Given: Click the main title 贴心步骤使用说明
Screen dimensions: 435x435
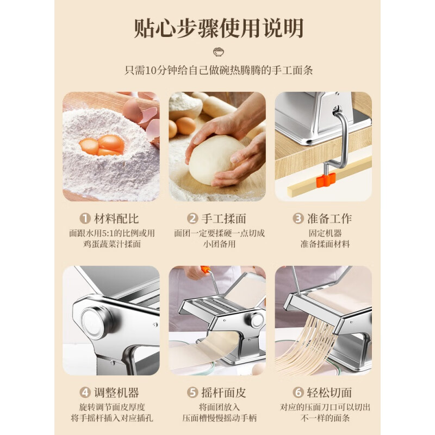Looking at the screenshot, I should click(x=217, y=28).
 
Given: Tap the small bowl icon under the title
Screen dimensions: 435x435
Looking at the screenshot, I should click(x=217, y=53).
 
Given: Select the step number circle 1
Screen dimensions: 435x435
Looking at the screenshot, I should click(x=85, y=219).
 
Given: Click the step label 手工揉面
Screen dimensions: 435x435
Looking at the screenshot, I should click(x=223, y=219).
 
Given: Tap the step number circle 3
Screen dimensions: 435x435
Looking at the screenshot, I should click(x=297, y=219).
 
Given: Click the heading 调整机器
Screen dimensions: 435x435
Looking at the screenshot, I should click(x=116, y=393).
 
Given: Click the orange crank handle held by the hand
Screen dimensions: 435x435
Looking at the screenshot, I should click(x=205, y=269).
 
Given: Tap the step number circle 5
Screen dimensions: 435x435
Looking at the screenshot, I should click(x=191, y=393).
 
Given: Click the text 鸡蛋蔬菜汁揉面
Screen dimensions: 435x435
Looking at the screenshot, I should click(x=111, y=244).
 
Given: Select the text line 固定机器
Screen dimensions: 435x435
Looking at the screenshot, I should click(x=324, y=233).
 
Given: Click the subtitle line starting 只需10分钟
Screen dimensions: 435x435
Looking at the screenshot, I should click(x=217, y=70).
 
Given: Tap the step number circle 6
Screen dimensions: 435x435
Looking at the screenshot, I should click(x=297, y=393).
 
